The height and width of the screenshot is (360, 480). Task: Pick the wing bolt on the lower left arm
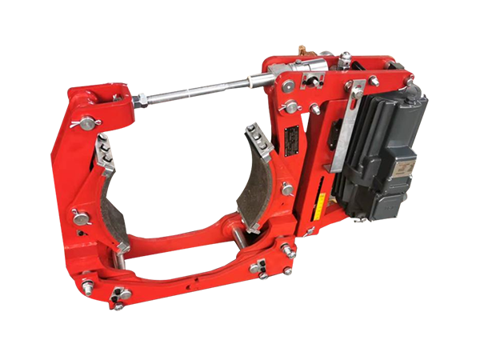pos(80,217)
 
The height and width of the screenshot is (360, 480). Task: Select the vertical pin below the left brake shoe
pos(119,261)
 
